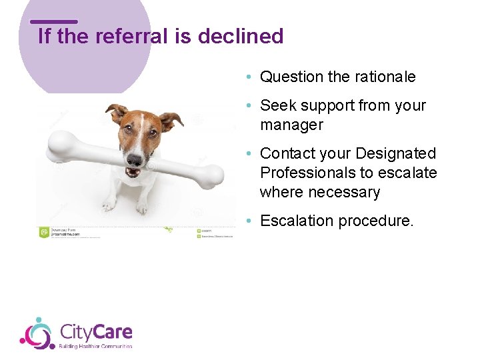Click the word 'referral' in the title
(133, 36)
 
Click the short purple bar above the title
(54, 21)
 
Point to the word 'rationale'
(383, 77)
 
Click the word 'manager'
(291, 125)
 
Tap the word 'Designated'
(395, 154)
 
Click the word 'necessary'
(348, 193)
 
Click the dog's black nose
(135, 160)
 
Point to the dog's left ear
(118, 113)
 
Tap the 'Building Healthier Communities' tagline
(95, 346)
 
